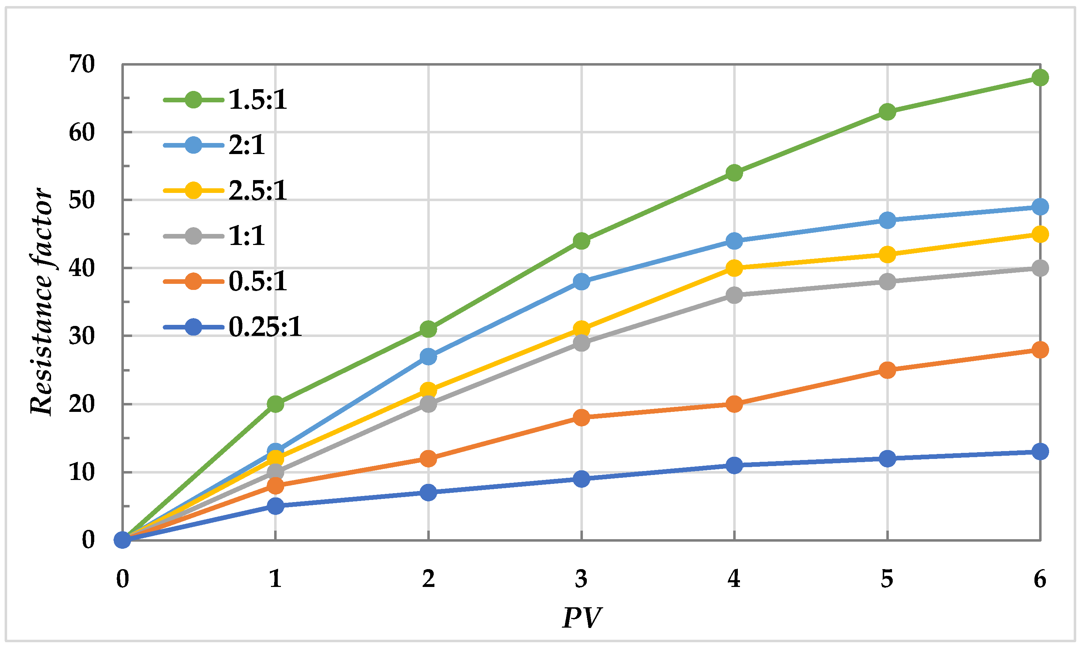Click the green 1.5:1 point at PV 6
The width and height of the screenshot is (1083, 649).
(x=1040, y=78)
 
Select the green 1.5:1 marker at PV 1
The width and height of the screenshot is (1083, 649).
(x=275, y=404)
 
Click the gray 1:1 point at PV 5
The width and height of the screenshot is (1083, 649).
(x=887, y=282)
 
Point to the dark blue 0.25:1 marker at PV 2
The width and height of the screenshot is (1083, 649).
(x=428, y=492)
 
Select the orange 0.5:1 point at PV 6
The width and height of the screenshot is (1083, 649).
(x=1040, y=350)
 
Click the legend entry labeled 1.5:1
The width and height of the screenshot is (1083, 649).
(x=258, y=100)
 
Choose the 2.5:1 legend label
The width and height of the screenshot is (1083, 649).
(x=258, y=191)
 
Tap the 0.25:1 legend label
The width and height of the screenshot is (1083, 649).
(x=265, y=327)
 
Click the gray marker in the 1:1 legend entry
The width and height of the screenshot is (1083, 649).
(x=193, y=236)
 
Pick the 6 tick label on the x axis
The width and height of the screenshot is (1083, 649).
(x=1040, y=579)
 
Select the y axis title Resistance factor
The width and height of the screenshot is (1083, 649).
(x=42, y=302)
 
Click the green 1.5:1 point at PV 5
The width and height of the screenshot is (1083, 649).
(x=887, y=112)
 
